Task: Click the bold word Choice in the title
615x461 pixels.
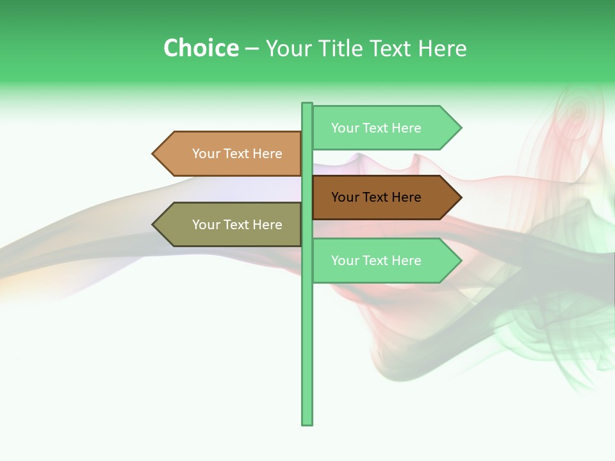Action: point(201,48)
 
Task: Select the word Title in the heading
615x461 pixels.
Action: point(349,48)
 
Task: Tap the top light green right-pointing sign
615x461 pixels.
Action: point(384,127)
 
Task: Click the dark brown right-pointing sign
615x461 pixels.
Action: point(384,197)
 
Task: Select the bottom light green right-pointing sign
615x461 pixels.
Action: point(384,260)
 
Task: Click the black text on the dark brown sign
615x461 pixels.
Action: point(376,197)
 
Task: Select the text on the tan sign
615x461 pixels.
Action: point(237,154)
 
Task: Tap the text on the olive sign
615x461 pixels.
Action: point(237,225)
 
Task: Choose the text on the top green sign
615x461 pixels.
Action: point(376,128)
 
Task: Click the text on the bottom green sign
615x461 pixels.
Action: point(376,261)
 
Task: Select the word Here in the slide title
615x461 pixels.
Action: point(442,48)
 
